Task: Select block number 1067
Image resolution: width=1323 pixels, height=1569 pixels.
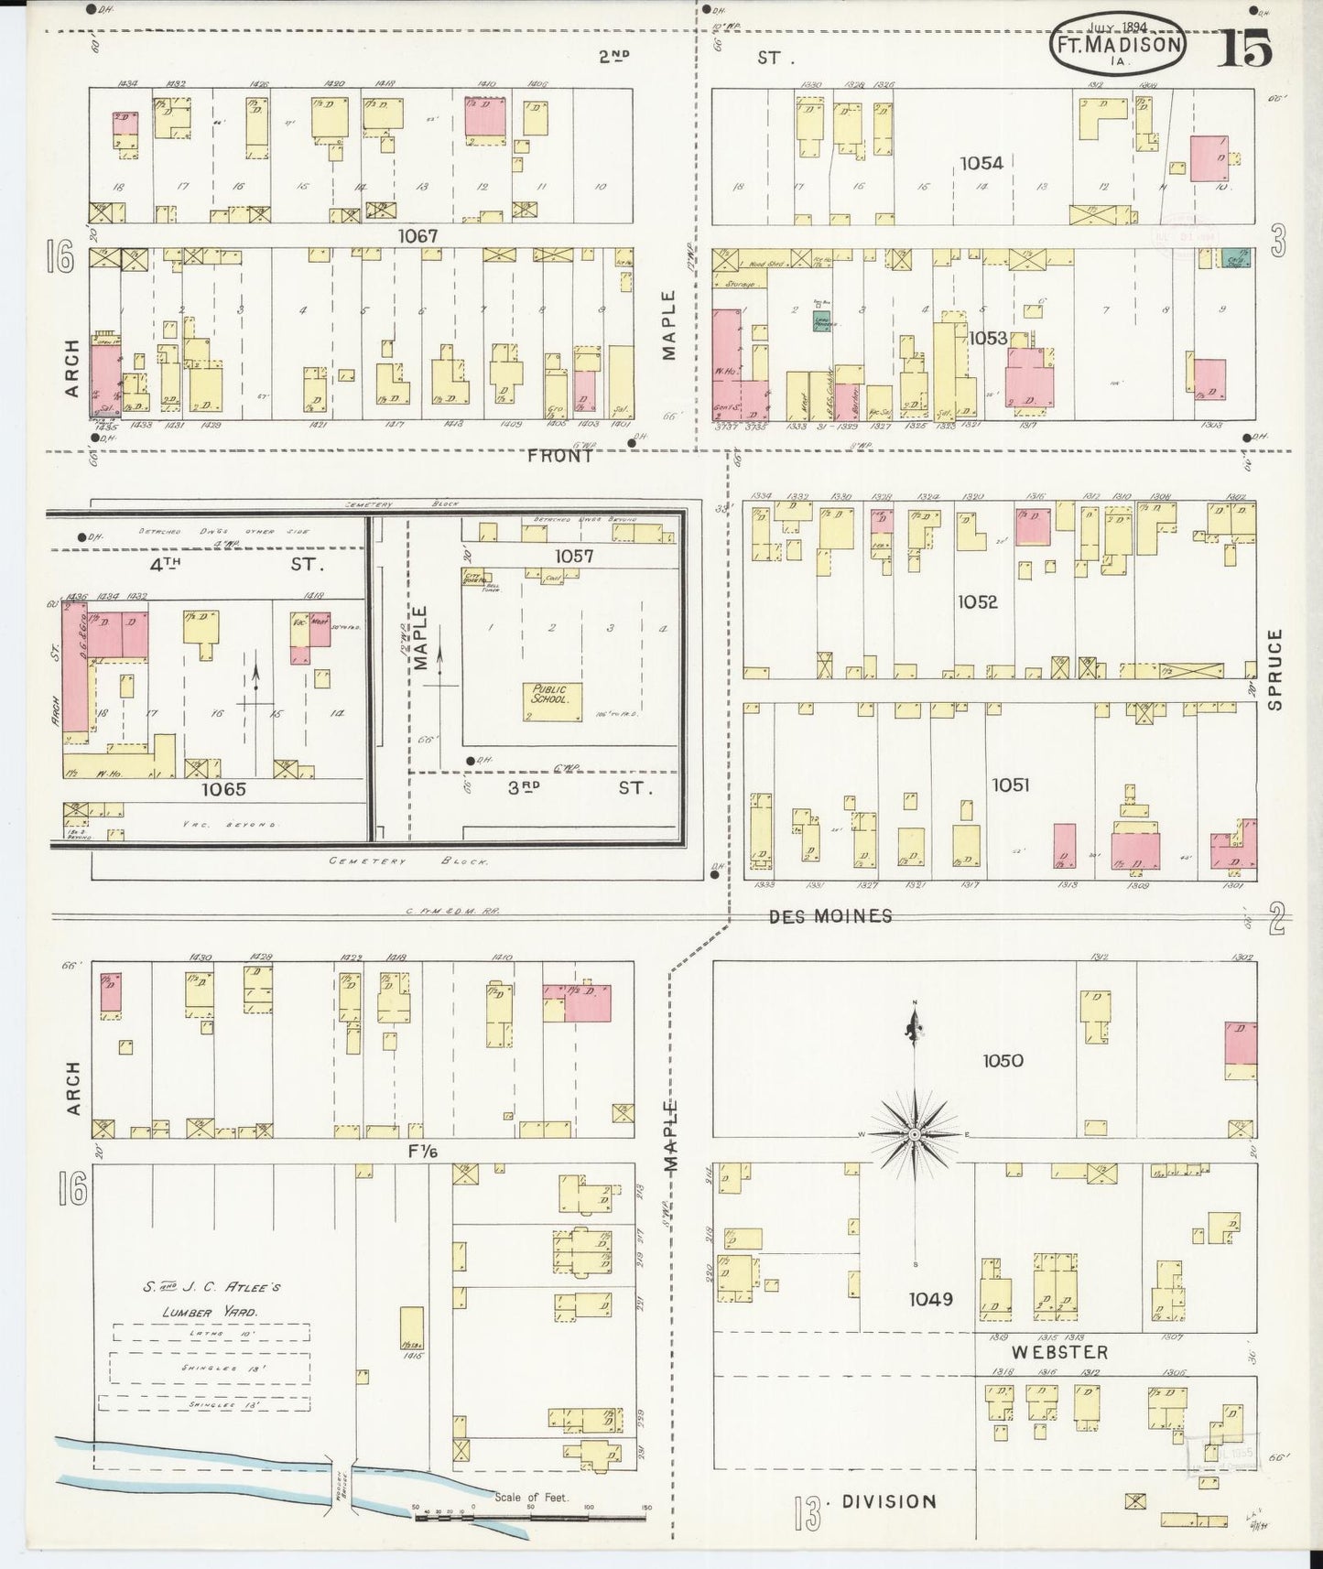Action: pos(418,236)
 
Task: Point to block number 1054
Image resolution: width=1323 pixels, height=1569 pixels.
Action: pos(981,163)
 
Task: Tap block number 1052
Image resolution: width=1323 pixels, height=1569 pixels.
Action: pos(978,601)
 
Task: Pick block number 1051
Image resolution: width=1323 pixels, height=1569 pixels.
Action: pos(1009,784)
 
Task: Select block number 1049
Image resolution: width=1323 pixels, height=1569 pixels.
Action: pos(931,1298)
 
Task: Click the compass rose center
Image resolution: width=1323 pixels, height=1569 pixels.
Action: pos(914,1134)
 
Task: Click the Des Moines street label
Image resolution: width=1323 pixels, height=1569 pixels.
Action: pos(830,915)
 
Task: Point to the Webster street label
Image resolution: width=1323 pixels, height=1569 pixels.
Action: pos(1059,1352)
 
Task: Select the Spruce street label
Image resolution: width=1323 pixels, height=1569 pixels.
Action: pos(1275,669)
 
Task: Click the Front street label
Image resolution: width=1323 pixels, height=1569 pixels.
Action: pos(559,455)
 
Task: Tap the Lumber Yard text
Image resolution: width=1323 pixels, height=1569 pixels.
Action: pos(211,1312)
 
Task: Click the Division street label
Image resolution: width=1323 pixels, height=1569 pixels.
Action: pos(889,1500)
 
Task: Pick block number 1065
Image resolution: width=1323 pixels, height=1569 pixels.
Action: pos(224,787)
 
